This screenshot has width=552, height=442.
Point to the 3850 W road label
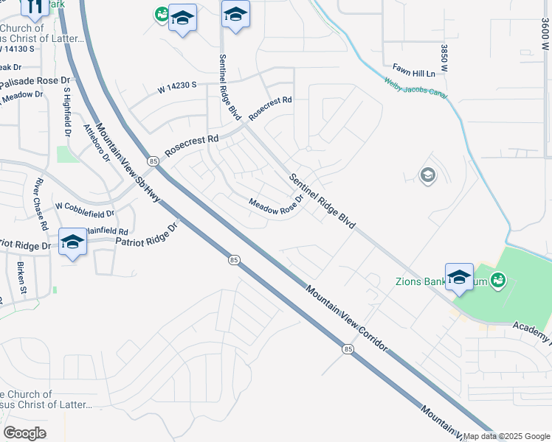coord(444,58)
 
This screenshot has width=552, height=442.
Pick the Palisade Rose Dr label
coord(35,82)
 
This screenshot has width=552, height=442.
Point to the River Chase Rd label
coord(40,203)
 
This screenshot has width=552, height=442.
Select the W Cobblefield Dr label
coord(85,210)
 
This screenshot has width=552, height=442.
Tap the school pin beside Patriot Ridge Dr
coord(72,242)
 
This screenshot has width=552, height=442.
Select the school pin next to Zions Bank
coord(459,277)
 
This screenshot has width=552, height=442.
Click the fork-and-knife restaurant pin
coord(33,7)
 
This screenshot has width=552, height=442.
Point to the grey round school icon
coord(427,175)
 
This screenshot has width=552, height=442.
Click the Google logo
coord(24,433)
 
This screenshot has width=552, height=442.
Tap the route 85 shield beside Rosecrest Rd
coord(153,161)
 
